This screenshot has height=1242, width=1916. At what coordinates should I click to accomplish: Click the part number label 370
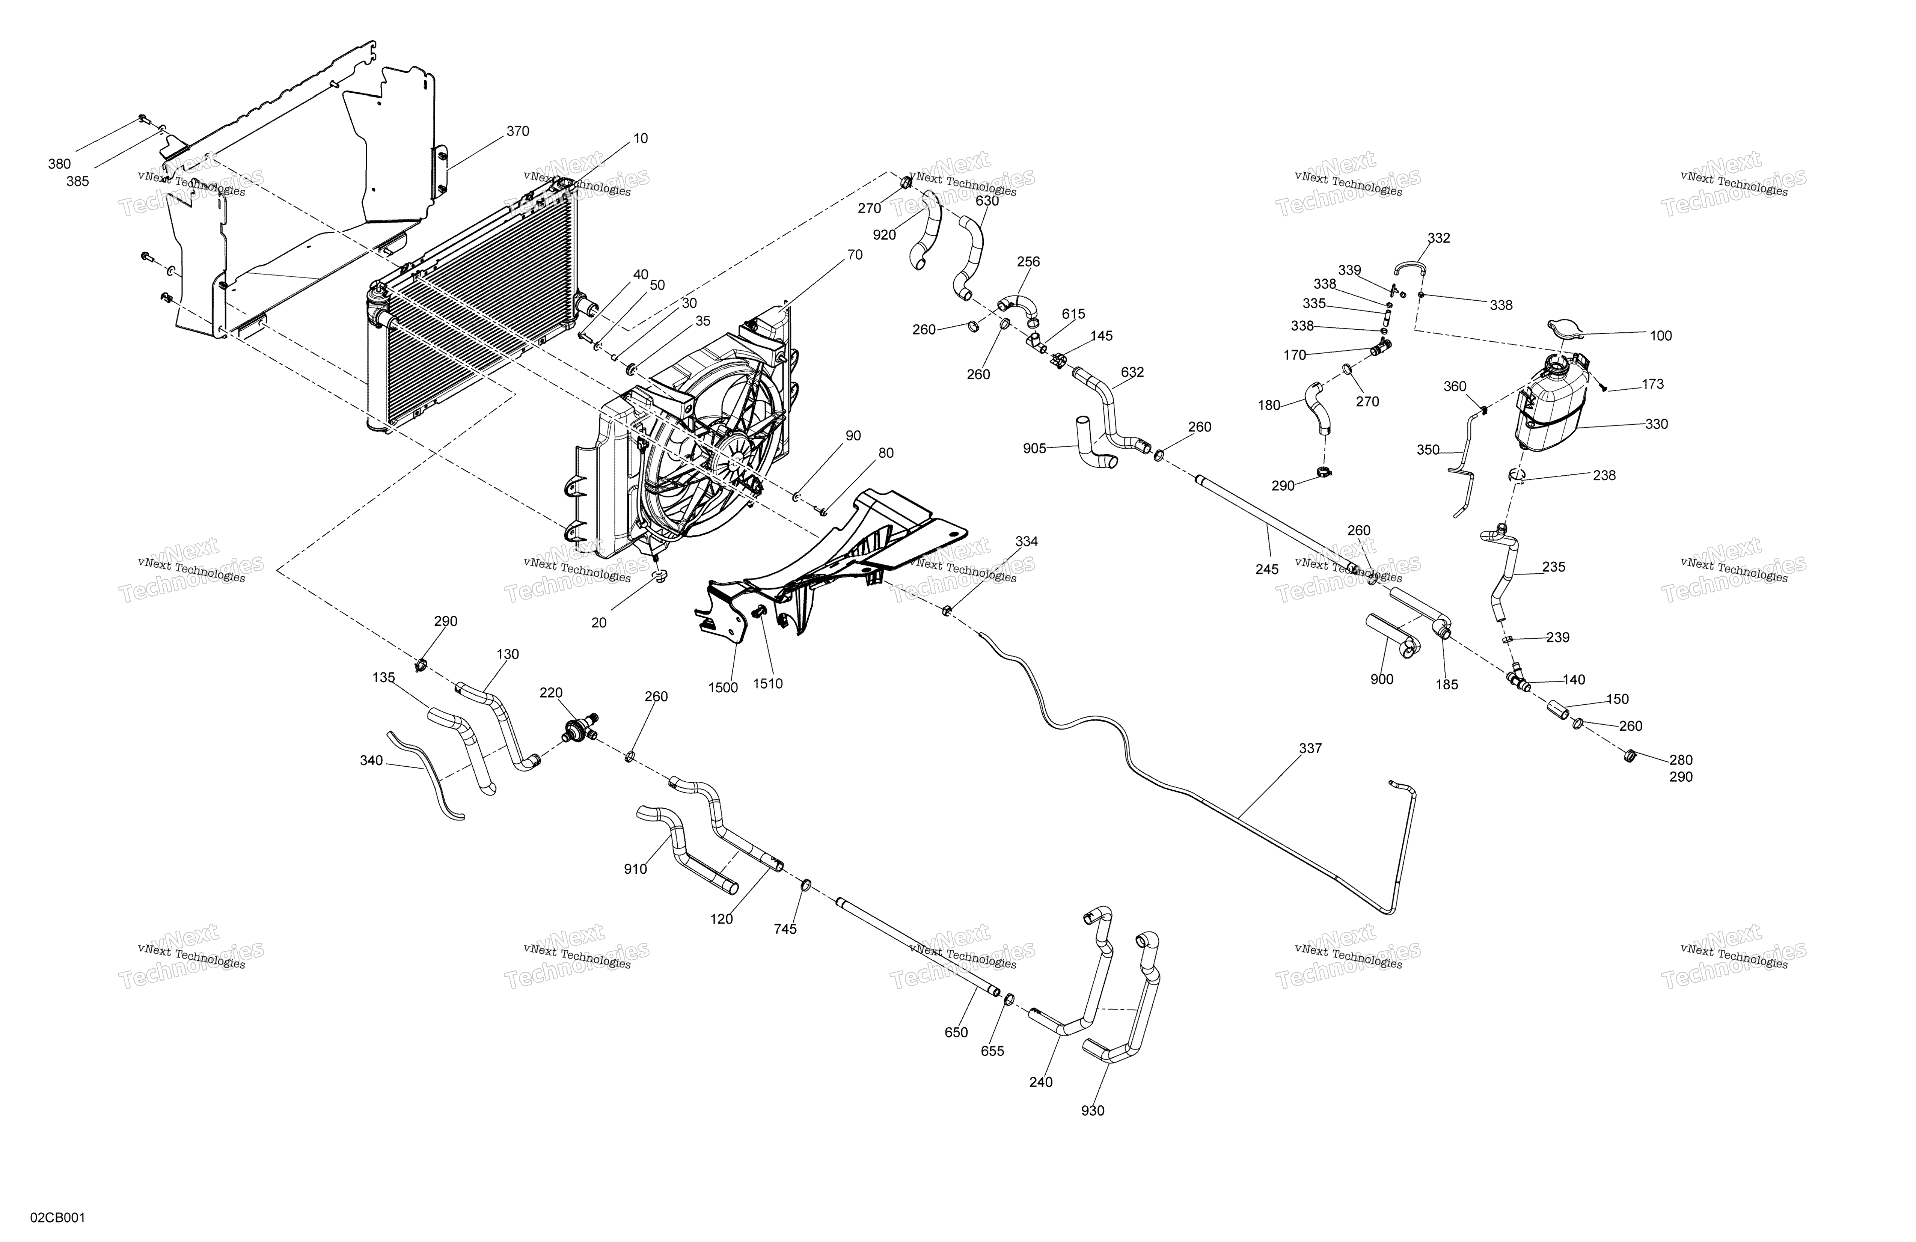518,131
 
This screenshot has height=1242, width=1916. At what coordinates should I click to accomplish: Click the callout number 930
1093,1111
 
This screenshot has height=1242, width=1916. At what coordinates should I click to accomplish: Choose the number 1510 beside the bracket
767,684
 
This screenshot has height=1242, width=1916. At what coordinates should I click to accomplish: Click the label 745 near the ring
785,929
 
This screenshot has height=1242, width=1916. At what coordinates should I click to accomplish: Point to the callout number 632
1132,373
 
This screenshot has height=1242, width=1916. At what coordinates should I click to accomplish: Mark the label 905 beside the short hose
1034,448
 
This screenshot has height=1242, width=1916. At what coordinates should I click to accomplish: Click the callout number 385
77,182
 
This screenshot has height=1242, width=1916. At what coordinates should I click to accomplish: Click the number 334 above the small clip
1027,542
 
